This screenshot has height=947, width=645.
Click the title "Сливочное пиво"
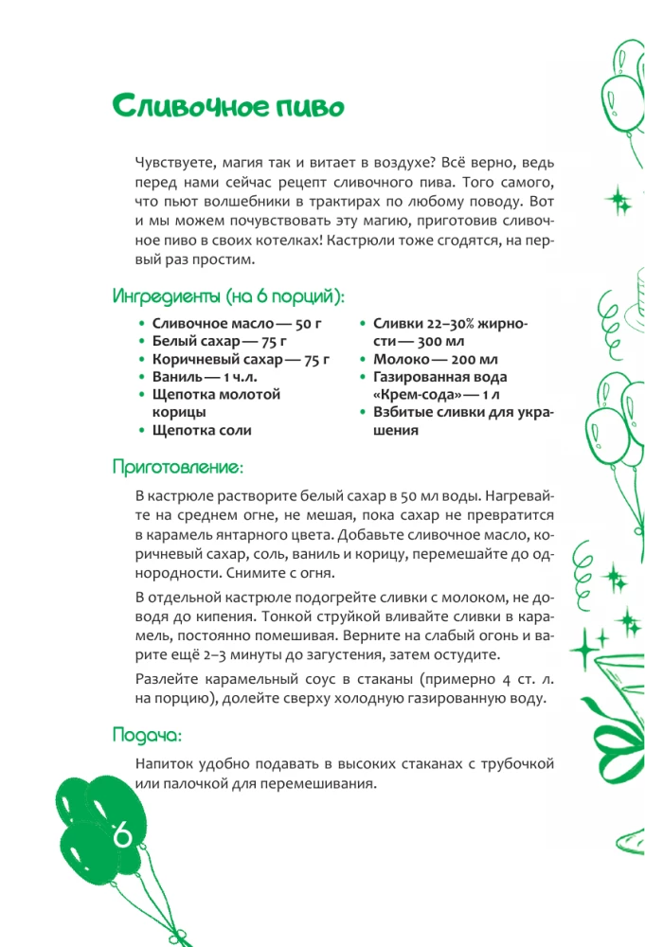(226, 105)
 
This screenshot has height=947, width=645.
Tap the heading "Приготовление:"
(177, 467)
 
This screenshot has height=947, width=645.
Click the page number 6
(122, 836)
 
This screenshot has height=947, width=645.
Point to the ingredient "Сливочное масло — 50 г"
(230, 324)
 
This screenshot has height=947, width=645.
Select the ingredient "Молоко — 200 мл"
(436, 360)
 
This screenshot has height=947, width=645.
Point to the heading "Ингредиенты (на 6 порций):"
(228, 296)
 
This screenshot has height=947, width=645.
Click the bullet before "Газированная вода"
(364, 378)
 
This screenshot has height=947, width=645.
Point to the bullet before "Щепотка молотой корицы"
(142, 395)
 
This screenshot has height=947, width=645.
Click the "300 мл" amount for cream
(440, 342)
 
